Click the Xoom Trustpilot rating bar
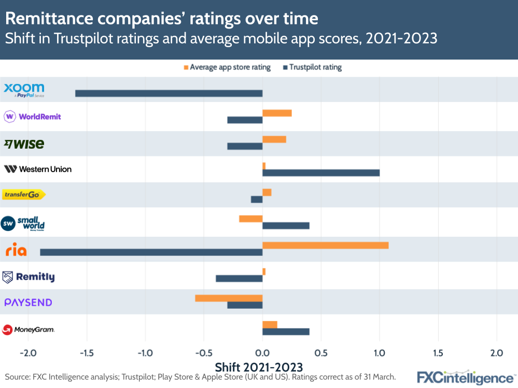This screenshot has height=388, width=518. coord(169,93)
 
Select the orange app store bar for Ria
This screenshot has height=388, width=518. coord(325,245)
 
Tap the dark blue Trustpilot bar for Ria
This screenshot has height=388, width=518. coord(151,252)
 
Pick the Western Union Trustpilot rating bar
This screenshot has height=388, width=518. coord(321,173)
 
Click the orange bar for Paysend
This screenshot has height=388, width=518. coord(229,298)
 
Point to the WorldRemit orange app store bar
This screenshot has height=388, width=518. coord(277,113)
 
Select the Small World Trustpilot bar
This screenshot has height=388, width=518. coord(286,225)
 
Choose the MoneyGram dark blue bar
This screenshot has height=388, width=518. coord(286,332)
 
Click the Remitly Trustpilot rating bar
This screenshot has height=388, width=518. coord(239,279)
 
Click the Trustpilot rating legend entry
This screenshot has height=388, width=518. coord(315,67)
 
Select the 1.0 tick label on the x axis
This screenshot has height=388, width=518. coord(380,353)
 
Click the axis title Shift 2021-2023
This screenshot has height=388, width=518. coord(258,367)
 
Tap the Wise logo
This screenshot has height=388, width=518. coord(24,144)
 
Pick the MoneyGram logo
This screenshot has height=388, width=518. coord(29,329)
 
